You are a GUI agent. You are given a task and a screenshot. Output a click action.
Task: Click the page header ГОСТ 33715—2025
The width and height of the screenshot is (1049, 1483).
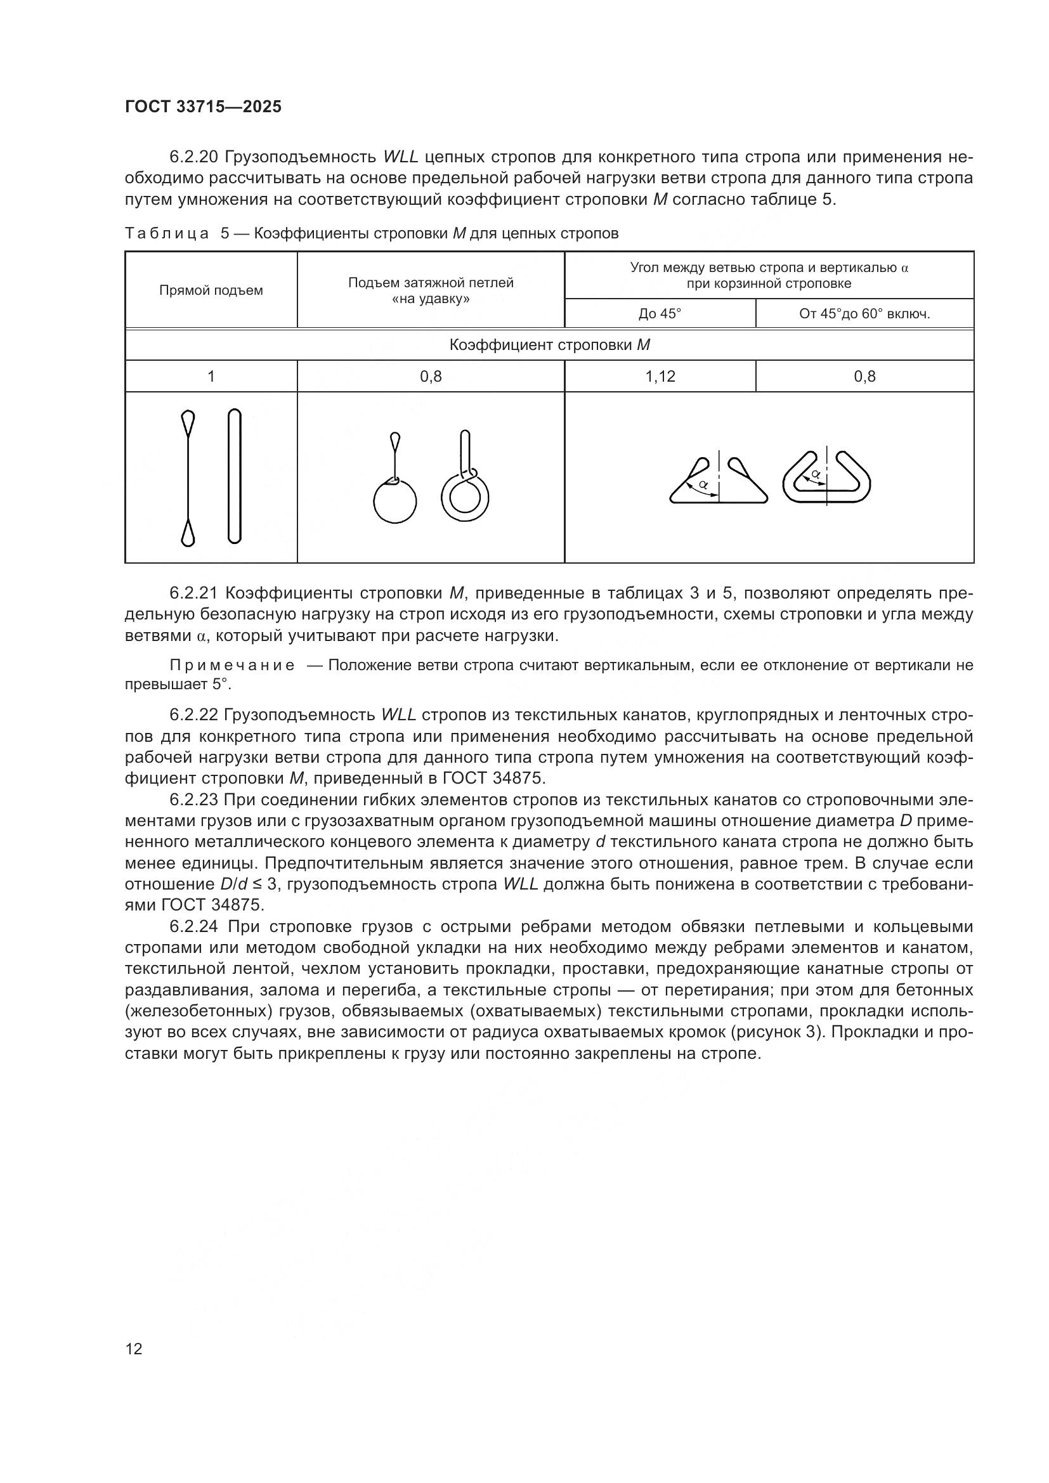pyautogui.click(x=203, y=107)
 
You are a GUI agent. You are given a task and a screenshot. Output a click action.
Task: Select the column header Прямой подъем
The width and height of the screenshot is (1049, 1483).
pyautogui.click(x=211, y=290)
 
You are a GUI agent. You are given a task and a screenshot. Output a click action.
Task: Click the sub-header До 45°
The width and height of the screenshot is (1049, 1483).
pyautogui.click(x=660, y=314)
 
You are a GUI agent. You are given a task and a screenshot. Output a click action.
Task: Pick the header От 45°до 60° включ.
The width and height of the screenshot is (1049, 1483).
pyautogui.click(x=864, y=314)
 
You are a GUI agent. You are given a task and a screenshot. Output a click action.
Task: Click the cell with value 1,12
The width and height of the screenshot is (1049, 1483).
pyautogui.click(x=660, y=377)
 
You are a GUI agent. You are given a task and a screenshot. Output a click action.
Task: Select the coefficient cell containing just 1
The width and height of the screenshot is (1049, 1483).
pyautogui.click(x=211, y=377)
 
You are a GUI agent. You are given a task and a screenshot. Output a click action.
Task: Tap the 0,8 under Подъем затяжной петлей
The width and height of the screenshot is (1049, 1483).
pyautogui.click(x=431, y=377)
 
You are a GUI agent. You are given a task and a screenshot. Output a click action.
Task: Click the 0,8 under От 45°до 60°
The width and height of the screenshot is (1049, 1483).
pyautogui.click(x=864, y=377)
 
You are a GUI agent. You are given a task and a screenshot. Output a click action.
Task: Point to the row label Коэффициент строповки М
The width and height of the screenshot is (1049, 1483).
pyautogui.click(x=549, y=345)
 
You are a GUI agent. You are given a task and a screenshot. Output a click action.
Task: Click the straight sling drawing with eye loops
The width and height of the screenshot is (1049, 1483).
pyautogui.click(x=188, y=478)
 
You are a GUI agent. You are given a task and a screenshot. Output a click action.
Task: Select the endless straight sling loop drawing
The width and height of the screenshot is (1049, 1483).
pyautogui.click(x=235, y=476)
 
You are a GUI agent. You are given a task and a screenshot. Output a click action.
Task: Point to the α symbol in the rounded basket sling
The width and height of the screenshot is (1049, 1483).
pyautogui.click(x=816, y=474)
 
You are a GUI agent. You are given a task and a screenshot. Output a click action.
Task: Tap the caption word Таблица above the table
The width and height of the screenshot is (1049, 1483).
pyautogui.click(x=166, y=234)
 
